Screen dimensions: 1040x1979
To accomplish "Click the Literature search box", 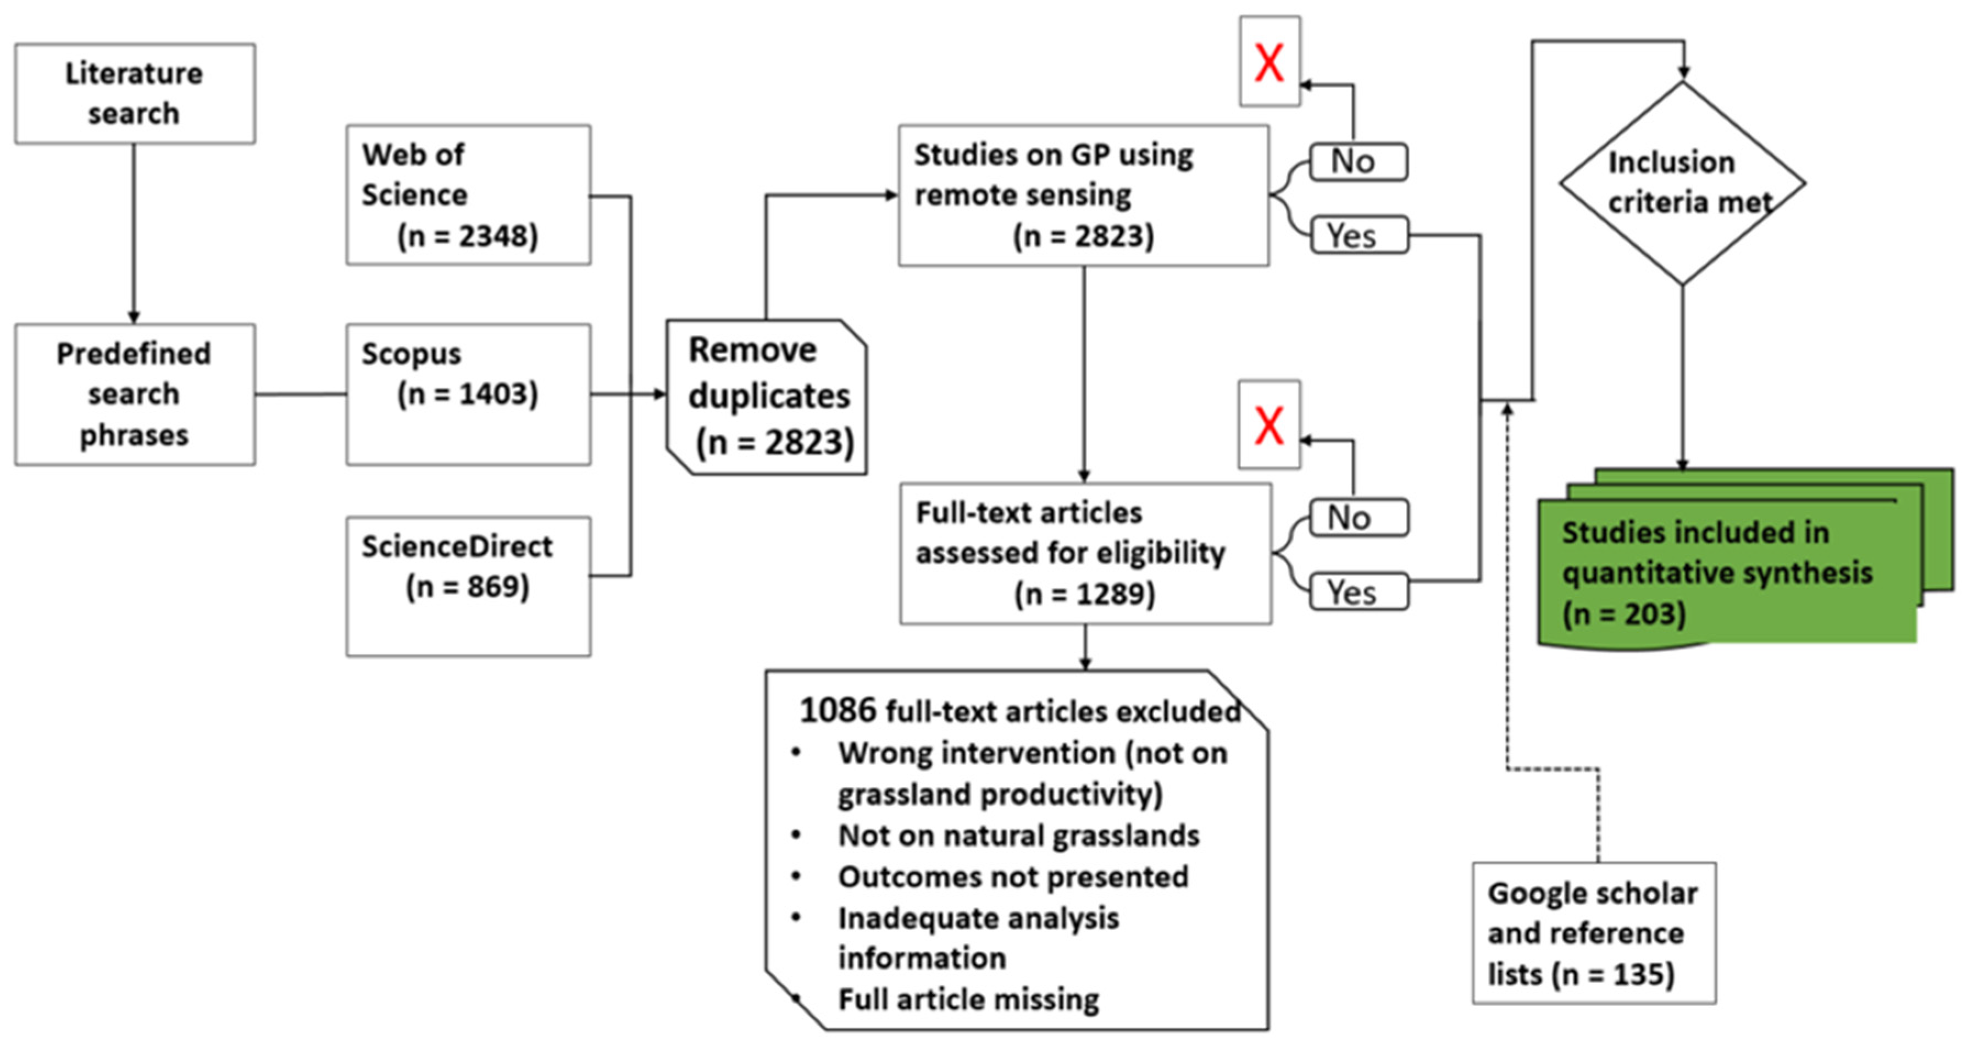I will pyautogui.click(x=135, y=93).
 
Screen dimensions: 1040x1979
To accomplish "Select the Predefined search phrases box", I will pyautogui.click(x=135, y=394).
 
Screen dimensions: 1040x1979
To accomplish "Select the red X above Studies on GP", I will pyautogui.click(x=1268, y=62).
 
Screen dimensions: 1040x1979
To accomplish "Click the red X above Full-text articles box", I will pyautogui.click(x=1268, y=425).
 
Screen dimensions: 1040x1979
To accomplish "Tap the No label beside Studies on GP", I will pyautogui.click(x=1357, y=162).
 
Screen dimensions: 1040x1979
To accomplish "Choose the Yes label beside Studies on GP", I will pyautogui.click(x=1357, y=235).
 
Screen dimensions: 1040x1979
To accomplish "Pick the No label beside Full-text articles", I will pyautogui.click(x=1357, y=517).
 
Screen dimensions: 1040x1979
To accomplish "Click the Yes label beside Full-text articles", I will pyautogui.click(x=1357, y=592).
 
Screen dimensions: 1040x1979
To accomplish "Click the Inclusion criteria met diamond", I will pyautogui.click(x=1682, y=183).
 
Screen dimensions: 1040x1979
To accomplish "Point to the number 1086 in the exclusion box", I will pyautogui.click(x=836, y=710).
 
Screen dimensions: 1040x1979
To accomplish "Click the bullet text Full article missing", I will pyautogui.click(x=968, y=999).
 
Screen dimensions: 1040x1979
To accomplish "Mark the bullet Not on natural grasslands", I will pyautogui.click(x=1018, y=835).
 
